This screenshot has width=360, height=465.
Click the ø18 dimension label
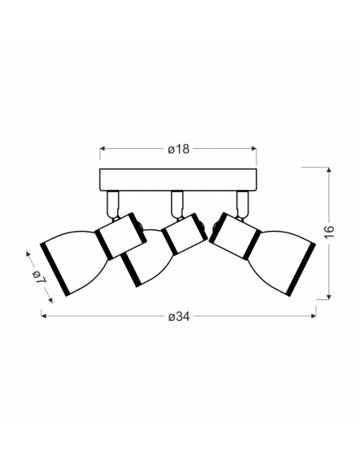coord(178,149)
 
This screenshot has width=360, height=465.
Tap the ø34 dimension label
coord(178,317)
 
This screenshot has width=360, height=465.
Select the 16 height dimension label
coord(329,232)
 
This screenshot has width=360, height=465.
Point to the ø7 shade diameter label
coord(40,276)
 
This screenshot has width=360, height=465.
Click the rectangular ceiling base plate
coord(178,180)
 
